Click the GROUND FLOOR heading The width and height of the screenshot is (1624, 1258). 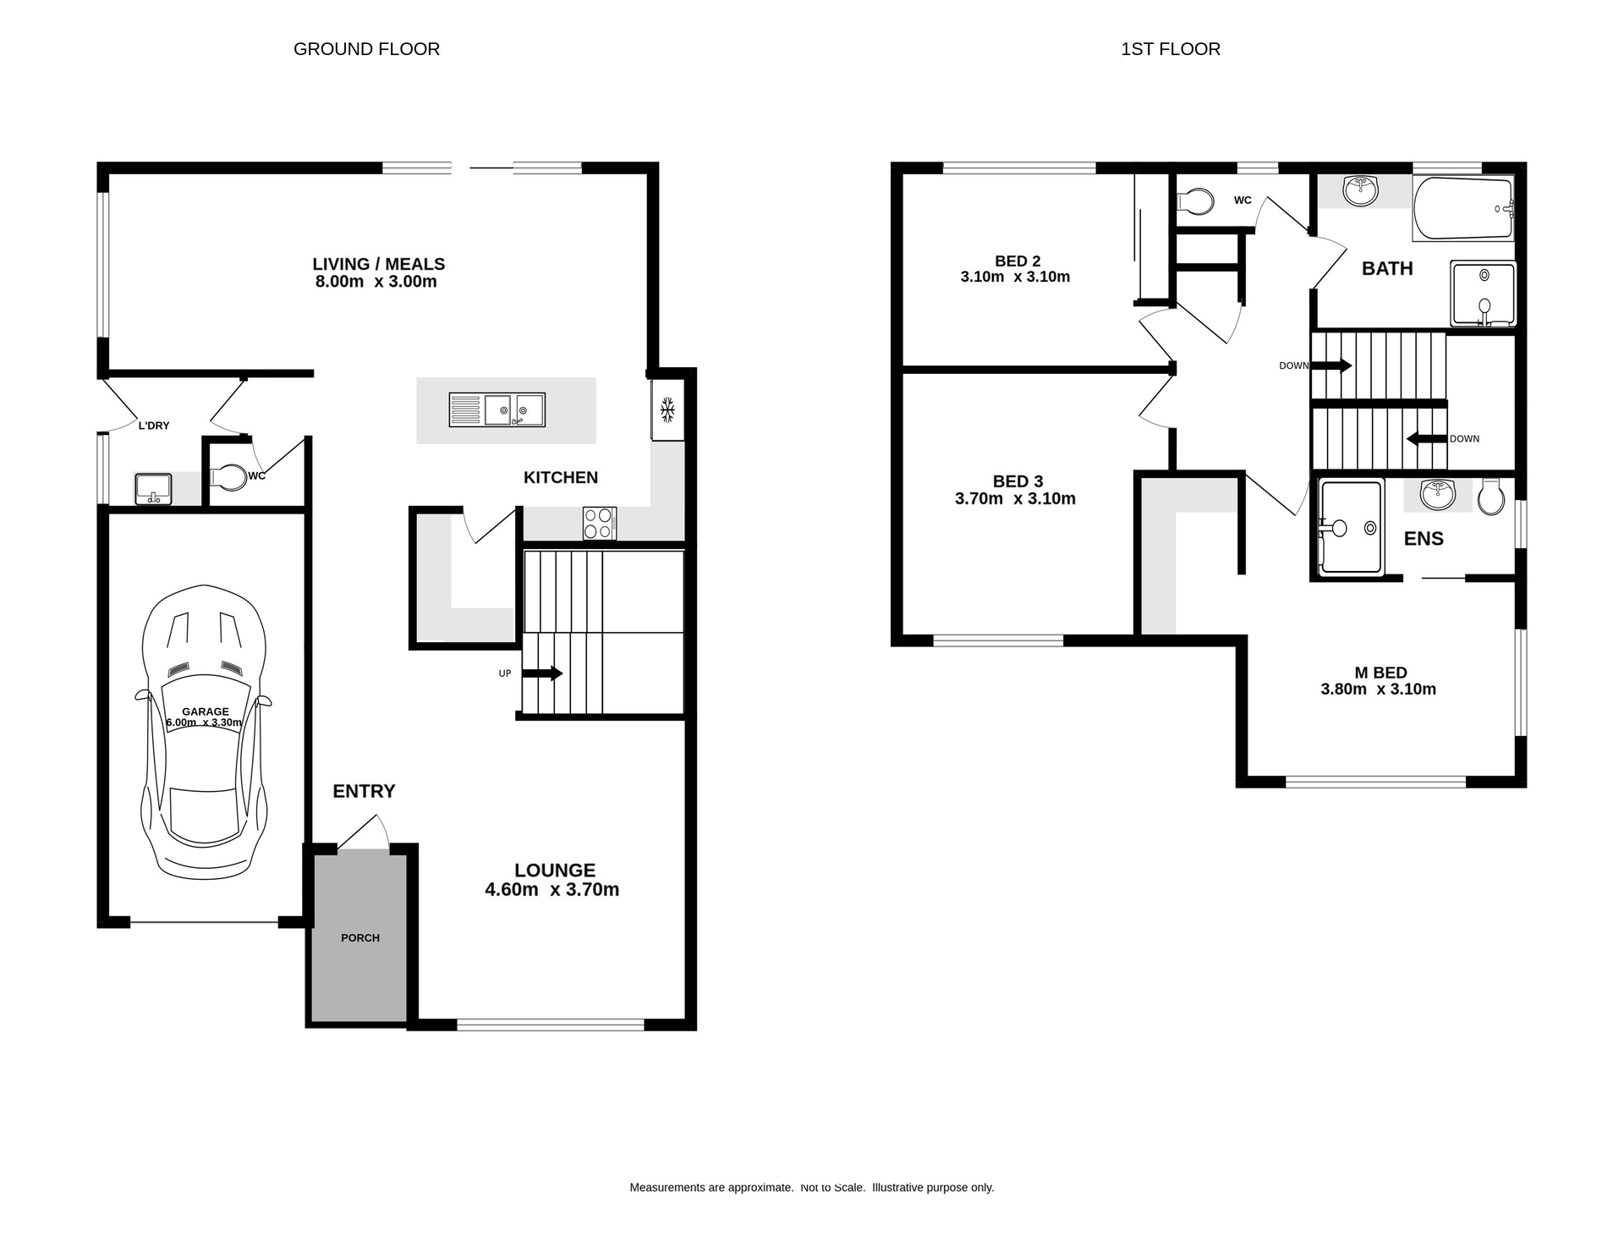366,49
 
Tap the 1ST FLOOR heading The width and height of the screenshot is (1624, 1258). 1170,49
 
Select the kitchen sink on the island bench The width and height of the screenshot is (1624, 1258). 497,410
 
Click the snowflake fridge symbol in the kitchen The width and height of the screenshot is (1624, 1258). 667,410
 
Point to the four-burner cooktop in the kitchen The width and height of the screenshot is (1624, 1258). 599,523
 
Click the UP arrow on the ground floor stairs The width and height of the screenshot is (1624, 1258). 542,673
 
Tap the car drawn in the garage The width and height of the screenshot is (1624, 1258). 204,732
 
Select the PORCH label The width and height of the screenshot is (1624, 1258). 360,937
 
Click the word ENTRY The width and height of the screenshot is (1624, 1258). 364,791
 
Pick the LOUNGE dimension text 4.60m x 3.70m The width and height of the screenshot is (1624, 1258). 551,889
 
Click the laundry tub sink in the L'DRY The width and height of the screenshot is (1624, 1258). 153,489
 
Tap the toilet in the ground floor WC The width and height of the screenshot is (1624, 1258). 227,477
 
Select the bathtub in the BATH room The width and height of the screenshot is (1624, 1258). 1462,208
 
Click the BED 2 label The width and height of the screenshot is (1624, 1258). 1018,261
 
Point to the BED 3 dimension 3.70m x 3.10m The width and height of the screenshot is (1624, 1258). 1015,499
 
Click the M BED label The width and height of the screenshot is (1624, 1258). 1380,673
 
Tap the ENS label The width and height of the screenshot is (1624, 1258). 1424,539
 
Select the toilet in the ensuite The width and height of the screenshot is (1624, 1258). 1491,497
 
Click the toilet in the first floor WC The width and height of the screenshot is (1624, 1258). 1195,201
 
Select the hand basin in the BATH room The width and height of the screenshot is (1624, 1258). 1360,190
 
